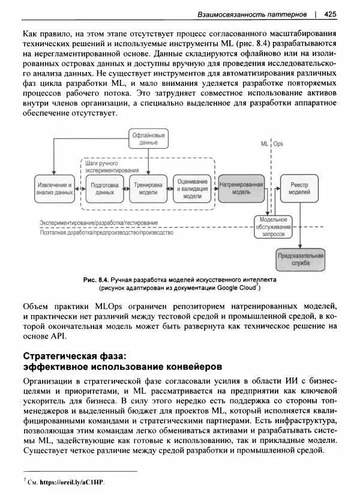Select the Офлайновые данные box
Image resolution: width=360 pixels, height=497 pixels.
(x=148, y=139)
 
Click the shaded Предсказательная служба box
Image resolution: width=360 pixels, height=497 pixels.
(x=301, y=259)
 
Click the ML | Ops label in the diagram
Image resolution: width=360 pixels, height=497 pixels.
(x=272, y=145)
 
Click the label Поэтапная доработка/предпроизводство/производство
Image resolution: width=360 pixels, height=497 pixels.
(x=106, y=233)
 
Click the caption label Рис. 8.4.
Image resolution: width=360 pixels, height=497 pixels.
(x=96, y=280)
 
